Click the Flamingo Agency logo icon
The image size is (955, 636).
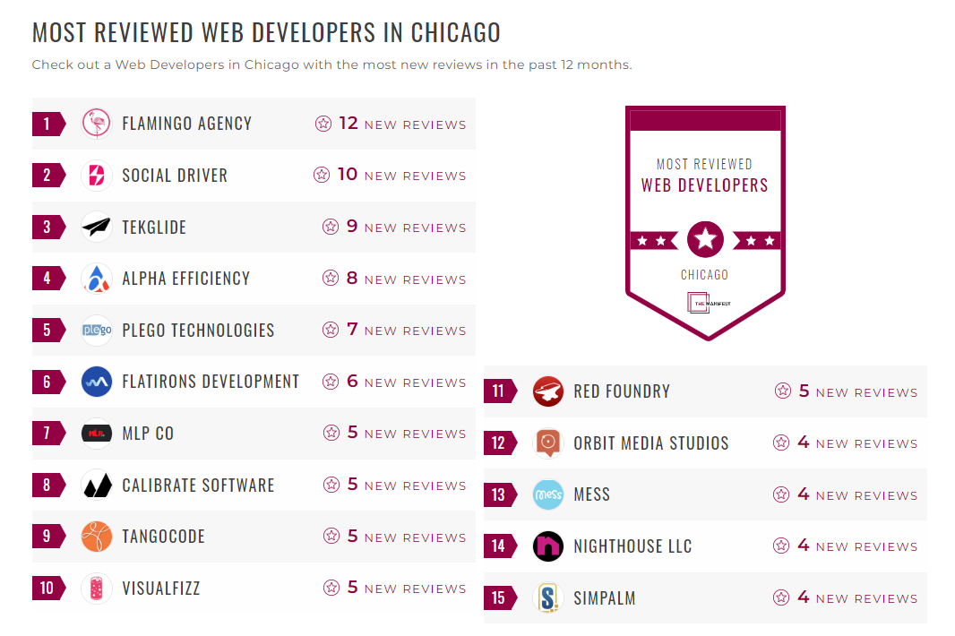click(97, 124)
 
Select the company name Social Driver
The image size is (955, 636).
click(175, 176)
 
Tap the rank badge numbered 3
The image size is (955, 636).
click(47, 227)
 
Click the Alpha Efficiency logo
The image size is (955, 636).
click(97, 279)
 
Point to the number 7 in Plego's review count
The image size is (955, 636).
click(352, 330)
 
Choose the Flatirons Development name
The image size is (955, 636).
click(211, 382)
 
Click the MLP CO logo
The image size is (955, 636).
click(97, 434)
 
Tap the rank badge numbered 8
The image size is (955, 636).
click(47, 486)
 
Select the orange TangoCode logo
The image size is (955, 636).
click(97, 537)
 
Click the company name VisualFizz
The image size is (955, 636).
click(161, 589)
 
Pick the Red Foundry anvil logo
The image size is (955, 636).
click(548, 391)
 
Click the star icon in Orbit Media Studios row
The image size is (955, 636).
click(781, 443)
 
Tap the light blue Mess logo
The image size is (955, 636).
click(548, 494)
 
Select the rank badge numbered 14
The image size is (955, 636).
click(499, 546)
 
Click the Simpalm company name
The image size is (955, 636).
click(605, 598)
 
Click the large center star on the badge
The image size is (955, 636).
click(705, 239)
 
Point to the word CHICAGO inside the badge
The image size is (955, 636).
click(704, 275)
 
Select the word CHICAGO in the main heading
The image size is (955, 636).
click(455, 32)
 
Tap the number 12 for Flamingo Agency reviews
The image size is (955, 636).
click(348, 124)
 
